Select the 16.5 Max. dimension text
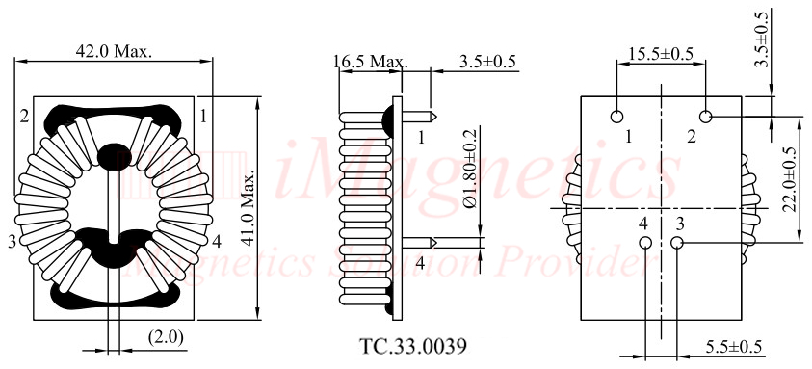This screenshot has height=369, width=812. click(370, 63)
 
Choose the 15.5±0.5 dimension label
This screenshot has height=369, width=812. click(661, 54)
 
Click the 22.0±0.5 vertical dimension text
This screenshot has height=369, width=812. click(790, 180)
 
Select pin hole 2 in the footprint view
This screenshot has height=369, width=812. click(706, 118)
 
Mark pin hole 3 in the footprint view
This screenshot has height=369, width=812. click(676, 244)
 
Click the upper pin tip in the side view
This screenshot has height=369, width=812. click(434, 118)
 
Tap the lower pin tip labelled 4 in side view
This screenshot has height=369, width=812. click(434, 243)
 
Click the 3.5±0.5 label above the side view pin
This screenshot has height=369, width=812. click(487, 63)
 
